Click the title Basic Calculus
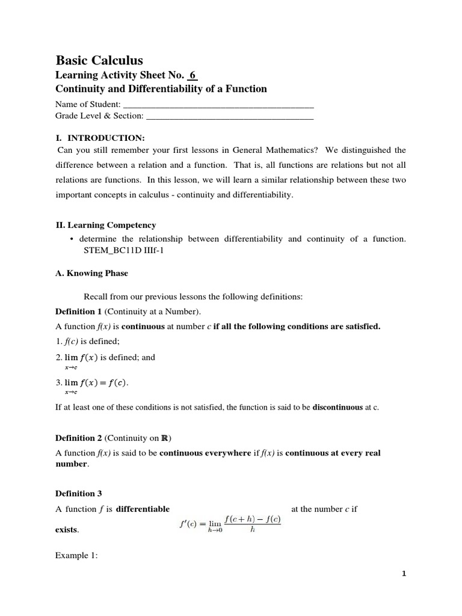99,60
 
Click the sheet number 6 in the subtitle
192,75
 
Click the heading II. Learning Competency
106,225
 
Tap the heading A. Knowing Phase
91,273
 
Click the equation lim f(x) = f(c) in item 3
96,383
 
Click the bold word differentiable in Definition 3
143,509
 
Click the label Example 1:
76,555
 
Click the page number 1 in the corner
404,574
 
